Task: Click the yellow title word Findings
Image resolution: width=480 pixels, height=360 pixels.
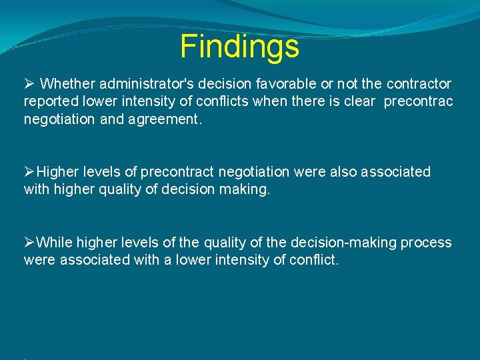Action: coord(239,47)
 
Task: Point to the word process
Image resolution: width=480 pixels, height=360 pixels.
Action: coord(427,243)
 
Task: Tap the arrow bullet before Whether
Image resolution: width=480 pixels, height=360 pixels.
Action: coord(29,84)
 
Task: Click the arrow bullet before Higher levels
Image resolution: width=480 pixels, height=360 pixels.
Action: coord(29,172)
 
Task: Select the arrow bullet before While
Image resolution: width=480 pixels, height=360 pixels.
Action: coord(29,243)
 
